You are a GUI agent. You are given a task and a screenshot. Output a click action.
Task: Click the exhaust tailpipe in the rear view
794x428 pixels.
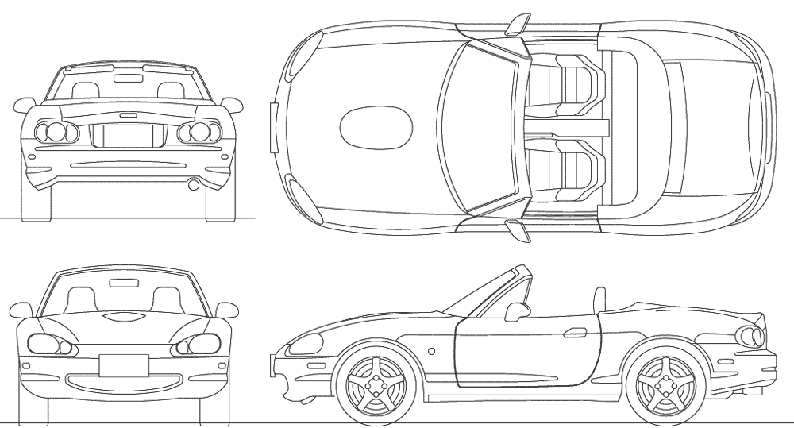point(193,185)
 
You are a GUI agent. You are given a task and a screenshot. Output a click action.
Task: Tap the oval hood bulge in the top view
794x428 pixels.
point(376,127)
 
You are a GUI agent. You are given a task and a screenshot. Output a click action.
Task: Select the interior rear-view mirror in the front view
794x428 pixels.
point(122,282)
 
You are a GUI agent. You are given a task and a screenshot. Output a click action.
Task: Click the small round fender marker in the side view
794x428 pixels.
point(431,349)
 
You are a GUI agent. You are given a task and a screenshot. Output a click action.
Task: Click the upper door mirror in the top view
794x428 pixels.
point(517,21)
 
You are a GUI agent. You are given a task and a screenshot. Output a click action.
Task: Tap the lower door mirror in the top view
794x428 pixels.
point(516,231)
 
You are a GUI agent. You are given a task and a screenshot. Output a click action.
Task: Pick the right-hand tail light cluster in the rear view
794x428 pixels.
point(197,133)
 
